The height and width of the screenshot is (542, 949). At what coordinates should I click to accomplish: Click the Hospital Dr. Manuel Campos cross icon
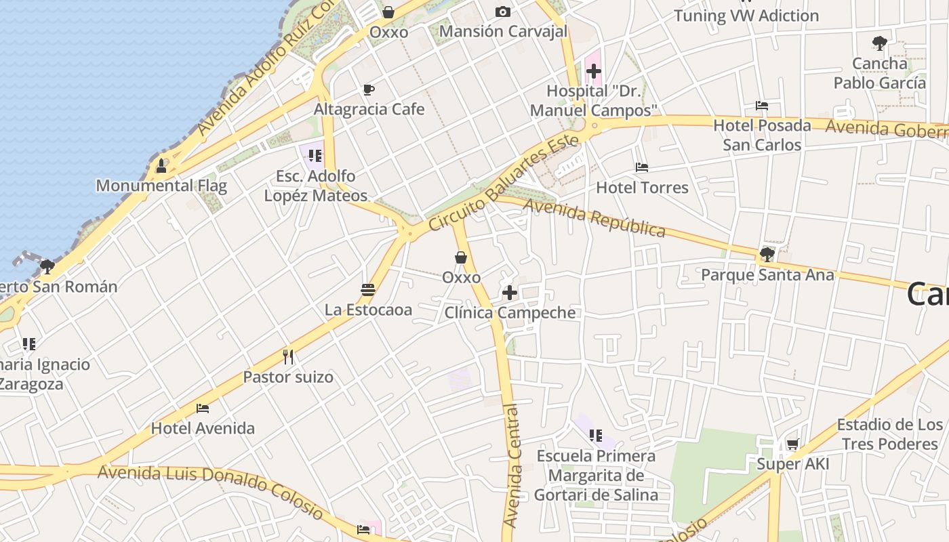click(594, 71)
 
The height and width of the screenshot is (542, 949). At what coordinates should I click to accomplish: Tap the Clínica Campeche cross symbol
click(510, 293)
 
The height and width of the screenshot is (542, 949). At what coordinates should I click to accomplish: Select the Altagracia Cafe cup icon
click(369, 89)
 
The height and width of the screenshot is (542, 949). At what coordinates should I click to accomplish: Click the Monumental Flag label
click(161, 186)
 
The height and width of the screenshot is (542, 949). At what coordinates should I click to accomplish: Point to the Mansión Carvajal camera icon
click(503, 12)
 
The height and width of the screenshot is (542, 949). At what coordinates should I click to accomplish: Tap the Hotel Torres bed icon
click(642, 167)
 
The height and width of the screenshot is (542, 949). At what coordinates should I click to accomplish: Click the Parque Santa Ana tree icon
click(767, 255)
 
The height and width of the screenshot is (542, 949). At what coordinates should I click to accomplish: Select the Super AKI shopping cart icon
click(792, 444)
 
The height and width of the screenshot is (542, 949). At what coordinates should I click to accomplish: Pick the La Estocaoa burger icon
click(368, 290)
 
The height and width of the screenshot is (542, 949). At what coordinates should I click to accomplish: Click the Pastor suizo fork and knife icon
click(288, 356)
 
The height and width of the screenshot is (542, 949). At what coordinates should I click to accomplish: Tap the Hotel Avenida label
click(203, 428)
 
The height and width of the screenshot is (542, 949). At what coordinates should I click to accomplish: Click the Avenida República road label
click(594, 217)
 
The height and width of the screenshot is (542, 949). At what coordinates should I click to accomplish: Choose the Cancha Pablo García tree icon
click(880, 43)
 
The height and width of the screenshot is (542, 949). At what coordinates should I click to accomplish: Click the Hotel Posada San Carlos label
click(762, 135)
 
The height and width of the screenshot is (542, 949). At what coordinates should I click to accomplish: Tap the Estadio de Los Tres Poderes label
click(889, 434)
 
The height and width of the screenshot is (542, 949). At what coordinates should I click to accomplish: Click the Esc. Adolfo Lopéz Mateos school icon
click(315, 156)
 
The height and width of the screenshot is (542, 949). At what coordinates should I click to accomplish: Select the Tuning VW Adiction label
click(746, 15)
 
